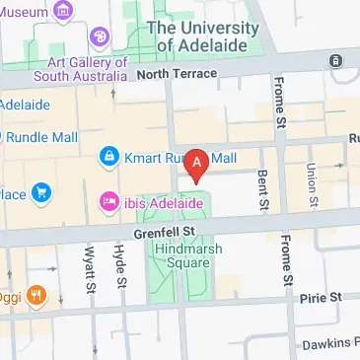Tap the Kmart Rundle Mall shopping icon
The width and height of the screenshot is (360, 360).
tap(108, 157)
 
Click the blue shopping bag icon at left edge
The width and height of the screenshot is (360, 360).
tap(40, 192)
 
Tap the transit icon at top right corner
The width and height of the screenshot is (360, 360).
tap(337, 60)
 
